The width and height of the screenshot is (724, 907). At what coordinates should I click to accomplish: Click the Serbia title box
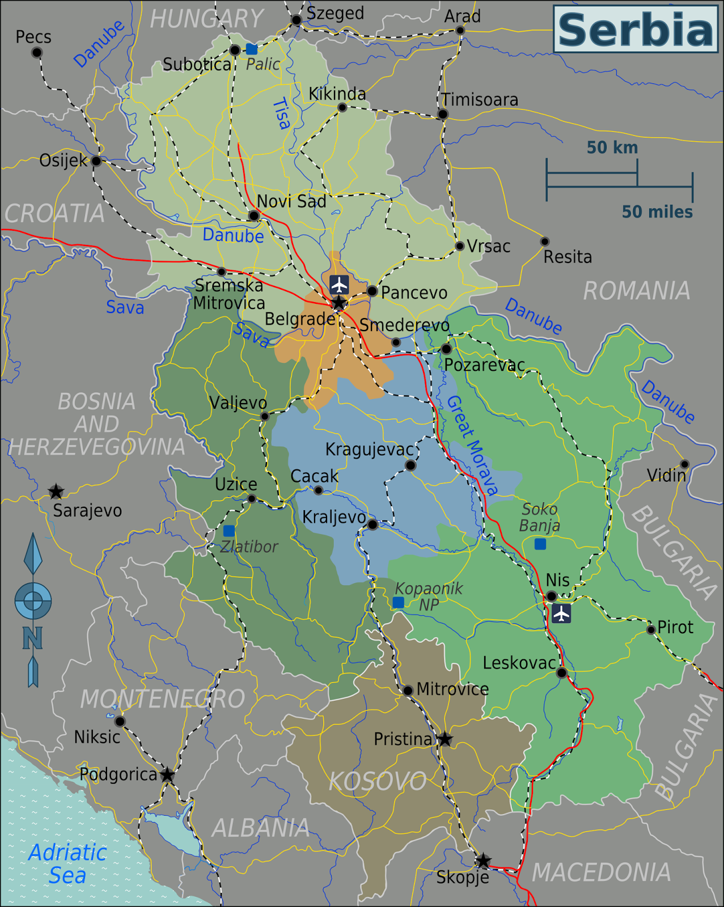click(636, 29)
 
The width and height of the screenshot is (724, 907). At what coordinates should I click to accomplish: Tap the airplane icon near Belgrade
click(339, 284)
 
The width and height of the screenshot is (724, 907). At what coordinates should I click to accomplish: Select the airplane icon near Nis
click(561, 613)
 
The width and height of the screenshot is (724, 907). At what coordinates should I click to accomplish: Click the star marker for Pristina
click(445, 739)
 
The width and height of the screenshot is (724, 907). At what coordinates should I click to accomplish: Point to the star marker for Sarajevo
click(56, 491)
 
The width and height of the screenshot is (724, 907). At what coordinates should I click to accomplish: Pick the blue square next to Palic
click(252, 49)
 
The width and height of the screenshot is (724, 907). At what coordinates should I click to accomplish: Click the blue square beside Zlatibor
click(228, 531)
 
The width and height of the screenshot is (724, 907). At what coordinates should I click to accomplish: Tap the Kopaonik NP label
click(429, 596)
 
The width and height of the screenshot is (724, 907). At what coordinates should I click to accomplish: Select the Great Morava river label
click(472, 446)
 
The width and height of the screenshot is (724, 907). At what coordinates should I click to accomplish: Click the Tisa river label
click(282, 113)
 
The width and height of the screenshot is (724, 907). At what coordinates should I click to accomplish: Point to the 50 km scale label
click(612, 148)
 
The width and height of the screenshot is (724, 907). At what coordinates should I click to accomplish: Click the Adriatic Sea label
click(67, 864)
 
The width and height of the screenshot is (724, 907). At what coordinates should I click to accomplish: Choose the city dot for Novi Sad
click(254, 216)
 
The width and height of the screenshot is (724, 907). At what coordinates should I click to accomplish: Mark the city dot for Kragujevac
click(410, 465)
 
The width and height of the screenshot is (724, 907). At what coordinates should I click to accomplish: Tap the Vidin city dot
click(684, 464)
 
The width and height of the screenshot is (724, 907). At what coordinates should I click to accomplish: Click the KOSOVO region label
click(378, 782)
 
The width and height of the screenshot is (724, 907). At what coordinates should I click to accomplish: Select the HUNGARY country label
click(206, 19)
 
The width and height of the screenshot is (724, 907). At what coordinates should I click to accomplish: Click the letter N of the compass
click(32, 639)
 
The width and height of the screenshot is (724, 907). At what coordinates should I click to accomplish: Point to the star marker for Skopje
click(483, 861)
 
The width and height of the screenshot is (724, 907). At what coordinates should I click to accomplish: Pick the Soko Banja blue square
click(540, 544)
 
